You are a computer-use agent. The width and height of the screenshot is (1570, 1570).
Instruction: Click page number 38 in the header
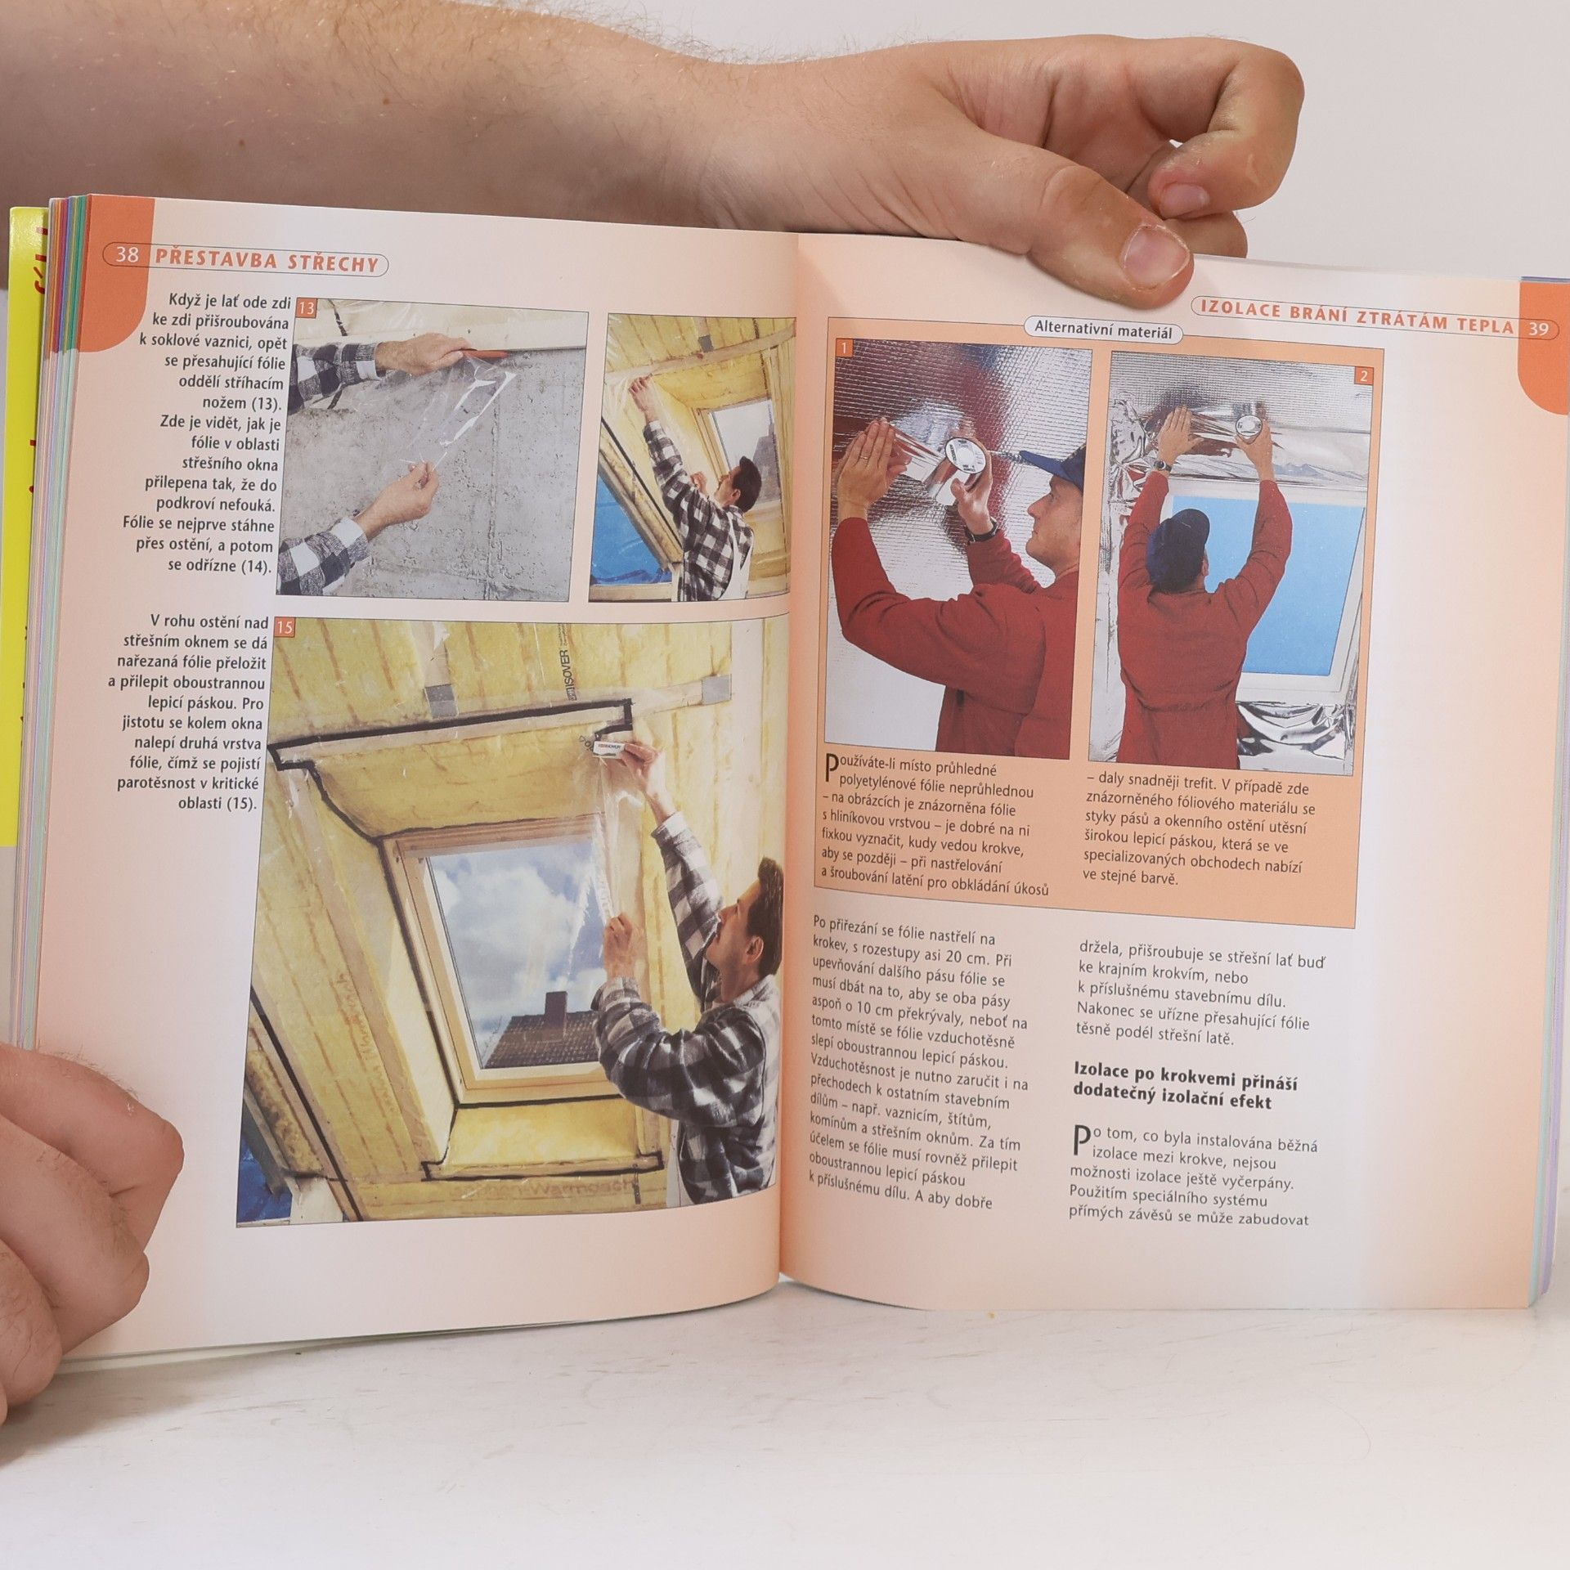(x=128, y=256)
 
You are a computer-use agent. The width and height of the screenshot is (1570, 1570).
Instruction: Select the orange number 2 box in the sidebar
(x=1363, y=376)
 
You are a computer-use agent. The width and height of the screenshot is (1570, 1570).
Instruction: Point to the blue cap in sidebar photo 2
(x=1179, y=531)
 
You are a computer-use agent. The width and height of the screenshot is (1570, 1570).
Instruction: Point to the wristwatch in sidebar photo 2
(x=1160, y=465)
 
